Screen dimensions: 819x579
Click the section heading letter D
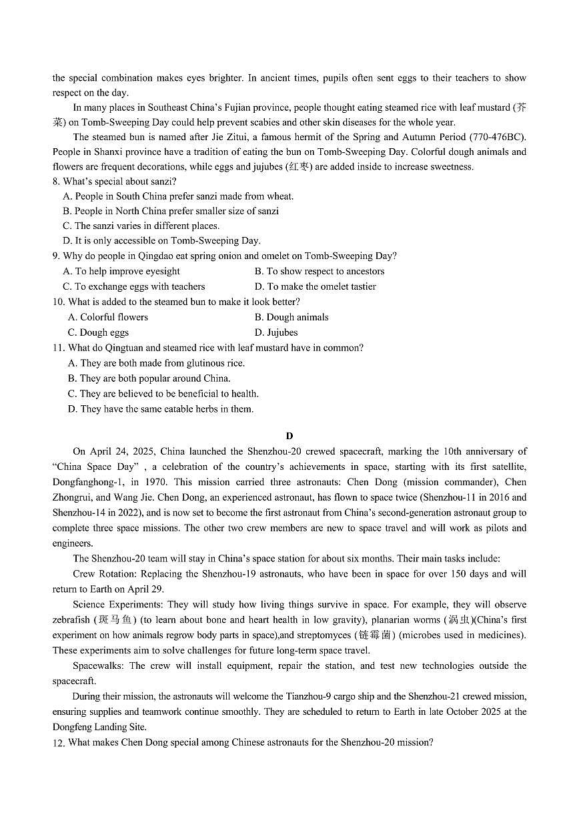pyautogui.click(x=289, y=437)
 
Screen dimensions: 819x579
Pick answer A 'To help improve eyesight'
pyautogui.click(x=121, y=271)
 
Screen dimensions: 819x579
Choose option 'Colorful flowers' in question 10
pyautogui.click(x=108, y=317)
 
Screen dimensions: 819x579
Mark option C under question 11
pyautogui.click(x=163, y=394)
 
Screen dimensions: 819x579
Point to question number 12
pyautogui.click(x=59, y=742)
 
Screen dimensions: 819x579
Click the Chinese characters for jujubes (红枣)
pyautogui.click(x=298, y=167)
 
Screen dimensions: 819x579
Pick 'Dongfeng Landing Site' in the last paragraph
pyautogui.click(x=99, y=727)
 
